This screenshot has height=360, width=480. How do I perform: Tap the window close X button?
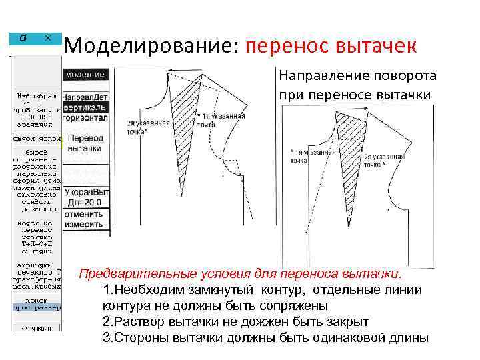tap(49, 38)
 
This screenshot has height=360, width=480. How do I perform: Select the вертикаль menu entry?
tap(85, 107)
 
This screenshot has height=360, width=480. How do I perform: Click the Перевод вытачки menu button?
tap(85, 144)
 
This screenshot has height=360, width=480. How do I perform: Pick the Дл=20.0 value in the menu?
tap(85, 202)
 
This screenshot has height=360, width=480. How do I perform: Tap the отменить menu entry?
tap(84, 214)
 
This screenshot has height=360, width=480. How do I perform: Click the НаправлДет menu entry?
tap(85, 97)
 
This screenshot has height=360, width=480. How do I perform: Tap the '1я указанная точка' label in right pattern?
tap(313, 156)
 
